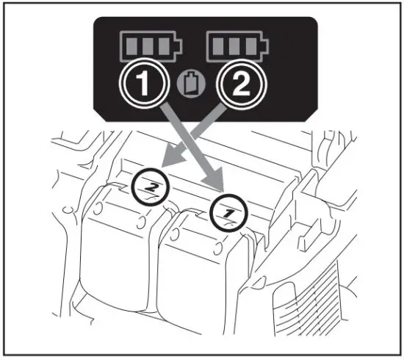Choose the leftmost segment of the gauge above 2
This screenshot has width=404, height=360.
click(x=219, y=48)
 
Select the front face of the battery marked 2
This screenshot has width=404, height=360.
click(x=118, y=264)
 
